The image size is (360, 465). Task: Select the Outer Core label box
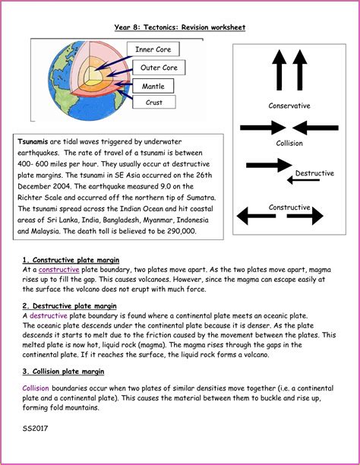pos(159,68)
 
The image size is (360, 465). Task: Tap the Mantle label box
pos(153,87)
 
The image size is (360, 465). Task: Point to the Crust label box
pos(154,103)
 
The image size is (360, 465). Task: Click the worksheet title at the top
pos(179,27)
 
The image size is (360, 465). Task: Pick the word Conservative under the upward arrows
pos(289,106)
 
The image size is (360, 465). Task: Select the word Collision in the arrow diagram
pos(289,143)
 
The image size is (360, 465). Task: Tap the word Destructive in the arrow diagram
pos(314,173)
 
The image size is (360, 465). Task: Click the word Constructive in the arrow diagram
pos(289,207)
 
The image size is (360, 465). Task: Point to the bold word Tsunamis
pos(33,141)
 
